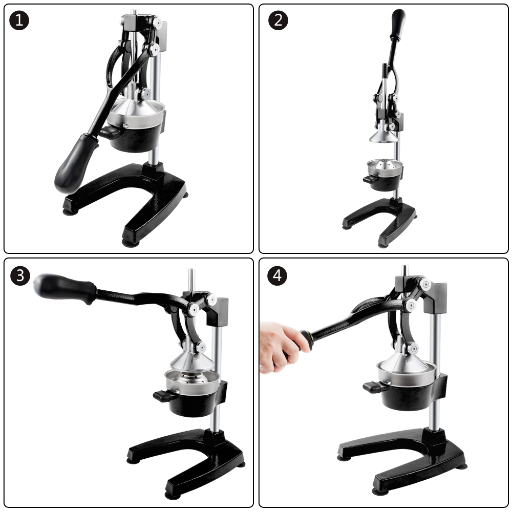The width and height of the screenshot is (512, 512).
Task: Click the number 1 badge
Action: pos(19,20)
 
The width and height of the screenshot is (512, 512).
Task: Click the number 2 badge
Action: pos(278,20)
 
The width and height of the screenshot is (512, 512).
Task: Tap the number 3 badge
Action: pos(20,275)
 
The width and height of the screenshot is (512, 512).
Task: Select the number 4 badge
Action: pos(277,275)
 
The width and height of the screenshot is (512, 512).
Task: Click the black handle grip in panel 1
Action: pos(75,163)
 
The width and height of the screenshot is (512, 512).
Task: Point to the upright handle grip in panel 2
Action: pos(398,25)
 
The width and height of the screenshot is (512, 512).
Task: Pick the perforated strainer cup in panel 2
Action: pos(385,167)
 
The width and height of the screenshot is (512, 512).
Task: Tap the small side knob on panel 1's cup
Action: pos(110,132)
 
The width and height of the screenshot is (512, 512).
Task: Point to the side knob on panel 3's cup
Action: pos(164,396)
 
